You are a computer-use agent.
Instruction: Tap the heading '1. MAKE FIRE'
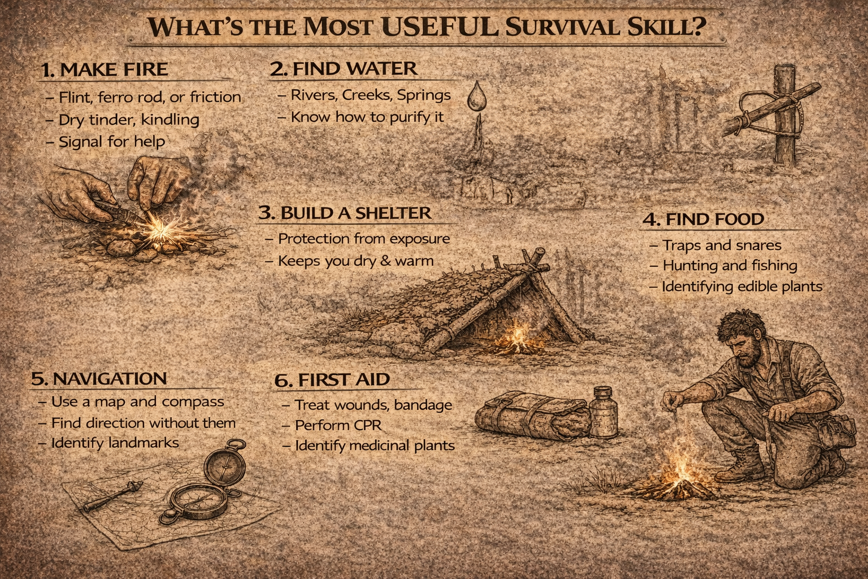point(105,70)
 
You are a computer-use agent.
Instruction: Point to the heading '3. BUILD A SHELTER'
point(345,213)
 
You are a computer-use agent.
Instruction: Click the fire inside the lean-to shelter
point(516,337)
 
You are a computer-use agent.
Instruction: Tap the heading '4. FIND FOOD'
point(703,219)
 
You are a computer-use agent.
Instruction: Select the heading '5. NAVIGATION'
point(99,379)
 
